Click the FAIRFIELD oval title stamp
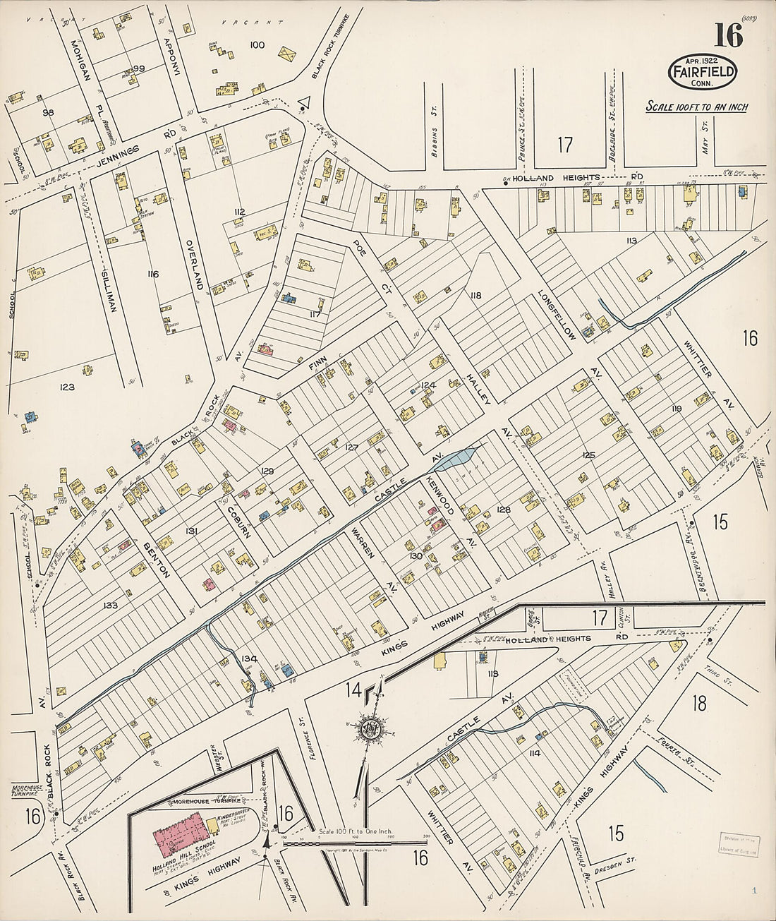[703, 71]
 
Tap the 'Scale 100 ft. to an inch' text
[697, 107]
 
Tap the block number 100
[257, 45]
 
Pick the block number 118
[473, 295]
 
